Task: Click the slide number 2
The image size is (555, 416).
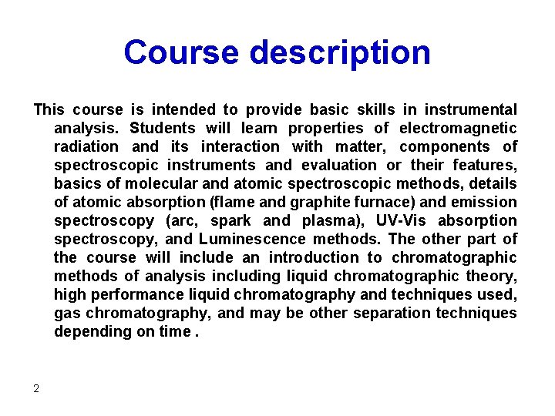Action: pyautogui.click(x=36, y=388)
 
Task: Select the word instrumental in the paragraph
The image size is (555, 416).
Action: pyautogui.click(x=471, y=110)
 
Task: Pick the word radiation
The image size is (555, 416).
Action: pyautogui.click(x=86, y=146)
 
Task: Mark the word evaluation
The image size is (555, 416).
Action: pyautogui.click(x=339, y=165)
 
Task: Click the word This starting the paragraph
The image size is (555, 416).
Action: pyautogui.click(x=49, y=110)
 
